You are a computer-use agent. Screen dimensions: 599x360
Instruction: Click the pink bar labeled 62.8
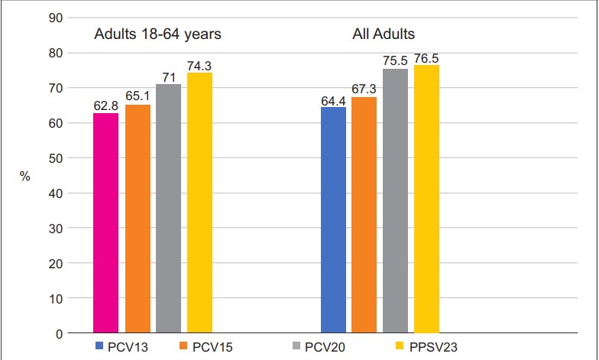105,223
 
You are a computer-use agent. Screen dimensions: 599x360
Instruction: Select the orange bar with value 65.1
138,219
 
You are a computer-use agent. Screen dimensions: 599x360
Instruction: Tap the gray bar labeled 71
168,208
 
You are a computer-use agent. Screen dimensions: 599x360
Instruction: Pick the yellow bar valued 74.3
199,203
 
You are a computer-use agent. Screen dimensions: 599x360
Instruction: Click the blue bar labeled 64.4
333,220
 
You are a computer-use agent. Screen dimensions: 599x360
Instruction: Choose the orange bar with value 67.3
364,215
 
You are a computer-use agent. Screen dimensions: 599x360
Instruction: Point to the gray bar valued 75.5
396,200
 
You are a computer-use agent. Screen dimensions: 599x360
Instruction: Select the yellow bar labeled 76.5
426,199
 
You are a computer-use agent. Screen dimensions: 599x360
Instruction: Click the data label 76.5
426,58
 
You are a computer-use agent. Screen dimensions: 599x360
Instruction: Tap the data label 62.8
105,105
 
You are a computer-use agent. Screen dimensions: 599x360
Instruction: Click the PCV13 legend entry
121,347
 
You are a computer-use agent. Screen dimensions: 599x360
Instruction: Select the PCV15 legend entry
206,347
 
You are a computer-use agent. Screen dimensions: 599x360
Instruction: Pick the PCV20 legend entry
319,347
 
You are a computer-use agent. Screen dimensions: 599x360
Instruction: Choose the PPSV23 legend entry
426,347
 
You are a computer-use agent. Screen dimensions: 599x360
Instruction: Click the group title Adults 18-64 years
157,34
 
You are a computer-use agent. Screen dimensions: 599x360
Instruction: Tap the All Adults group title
384,34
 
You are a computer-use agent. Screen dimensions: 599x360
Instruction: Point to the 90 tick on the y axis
55,18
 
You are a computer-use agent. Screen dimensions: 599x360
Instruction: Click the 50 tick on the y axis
55,158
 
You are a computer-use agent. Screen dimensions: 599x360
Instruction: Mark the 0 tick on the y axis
59,334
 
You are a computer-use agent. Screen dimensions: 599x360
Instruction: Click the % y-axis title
24,176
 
